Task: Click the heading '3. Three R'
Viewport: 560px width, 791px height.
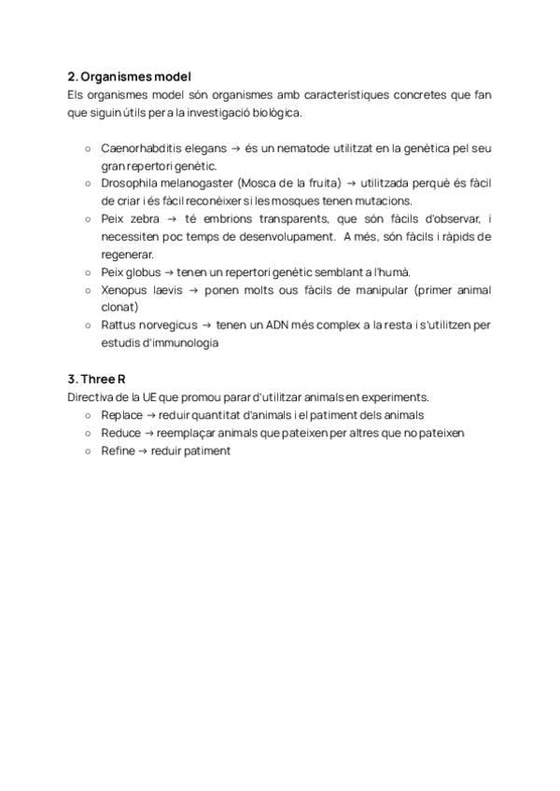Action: (x=97, y=379)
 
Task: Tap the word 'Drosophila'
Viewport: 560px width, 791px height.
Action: (x=129, y=183)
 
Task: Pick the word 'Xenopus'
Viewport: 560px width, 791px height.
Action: (x=123, y=289)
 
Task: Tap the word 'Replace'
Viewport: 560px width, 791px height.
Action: (x=121, y=414)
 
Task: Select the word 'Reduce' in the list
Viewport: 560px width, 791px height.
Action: (x=120, y=433)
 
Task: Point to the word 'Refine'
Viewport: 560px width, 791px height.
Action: (x=118, y=451)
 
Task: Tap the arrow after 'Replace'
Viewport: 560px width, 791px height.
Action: (x=150, y=414)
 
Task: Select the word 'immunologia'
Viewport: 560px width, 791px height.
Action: (x=186, y=342)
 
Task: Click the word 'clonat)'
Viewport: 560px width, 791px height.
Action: (x=119, y=307)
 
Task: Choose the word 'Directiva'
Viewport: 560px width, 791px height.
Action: (x=89, y=396)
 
